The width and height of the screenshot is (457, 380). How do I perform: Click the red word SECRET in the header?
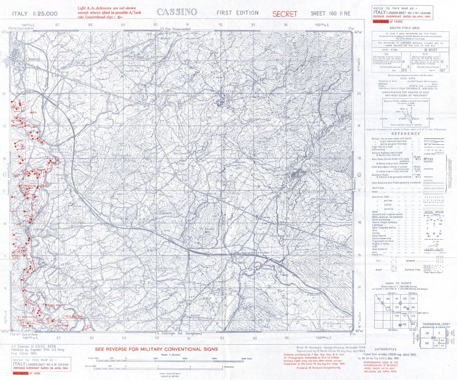tap(285, 14)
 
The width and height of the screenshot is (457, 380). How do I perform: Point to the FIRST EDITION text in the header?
tap(238, 13)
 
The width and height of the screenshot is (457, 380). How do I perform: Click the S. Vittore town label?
tap(313, 166)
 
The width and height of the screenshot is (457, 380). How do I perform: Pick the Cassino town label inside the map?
tap(33, 59)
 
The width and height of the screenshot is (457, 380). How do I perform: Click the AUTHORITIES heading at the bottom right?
tap(385, 349)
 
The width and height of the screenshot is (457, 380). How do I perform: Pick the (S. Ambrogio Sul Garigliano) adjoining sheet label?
tap(179, 333)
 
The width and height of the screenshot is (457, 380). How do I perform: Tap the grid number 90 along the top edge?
tap(155, 25)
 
